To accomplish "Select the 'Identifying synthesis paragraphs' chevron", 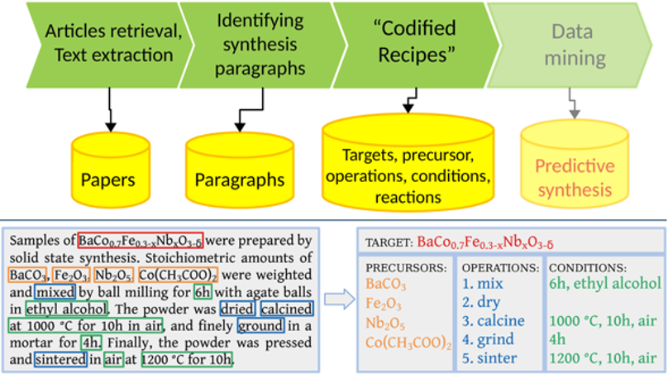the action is (x=260, y=45).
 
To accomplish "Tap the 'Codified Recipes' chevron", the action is (x=415, y=45).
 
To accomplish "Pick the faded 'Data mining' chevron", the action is (x=571, y=45).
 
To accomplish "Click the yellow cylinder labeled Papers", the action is (x=110, y=170).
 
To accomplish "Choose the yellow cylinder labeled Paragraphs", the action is (x=240, y=170).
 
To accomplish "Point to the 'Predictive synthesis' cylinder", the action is (x=575, y=164).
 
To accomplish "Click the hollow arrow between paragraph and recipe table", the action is (x=339, y=299).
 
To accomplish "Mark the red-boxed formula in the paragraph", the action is (x=141, y=241).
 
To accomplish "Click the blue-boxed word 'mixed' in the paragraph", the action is (x=55, y=292).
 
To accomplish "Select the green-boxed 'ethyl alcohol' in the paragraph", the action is (x=66, y=309).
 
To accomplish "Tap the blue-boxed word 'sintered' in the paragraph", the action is (x=60, y=359).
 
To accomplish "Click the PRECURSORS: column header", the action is (x=406, y=268).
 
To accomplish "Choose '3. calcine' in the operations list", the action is (x=494, y=321).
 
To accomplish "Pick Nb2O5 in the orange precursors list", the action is (x=385, y=324).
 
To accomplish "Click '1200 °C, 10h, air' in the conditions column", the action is (x=603, y=358).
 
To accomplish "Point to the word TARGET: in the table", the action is (x=389, y=243).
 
